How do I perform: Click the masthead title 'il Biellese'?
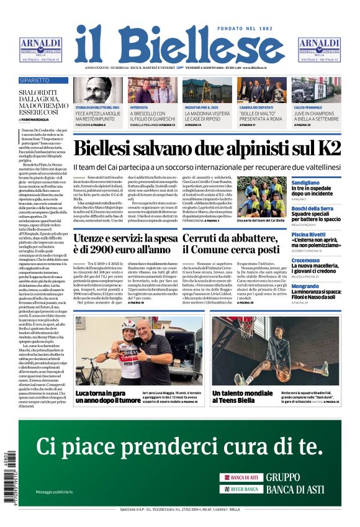point(179,45)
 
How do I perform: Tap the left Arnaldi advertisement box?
point(40,50)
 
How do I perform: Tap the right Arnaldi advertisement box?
point(319,50)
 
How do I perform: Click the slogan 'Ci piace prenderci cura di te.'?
point(179,446)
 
